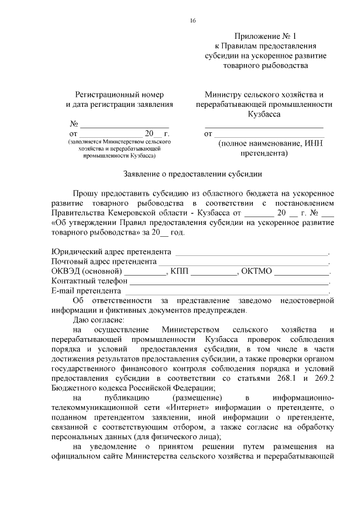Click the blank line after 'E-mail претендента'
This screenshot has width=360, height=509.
click(x=226, y=291)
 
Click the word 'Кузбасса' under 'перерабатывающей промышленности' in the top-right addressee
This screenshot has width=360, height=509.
click(x=264, y=114)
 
